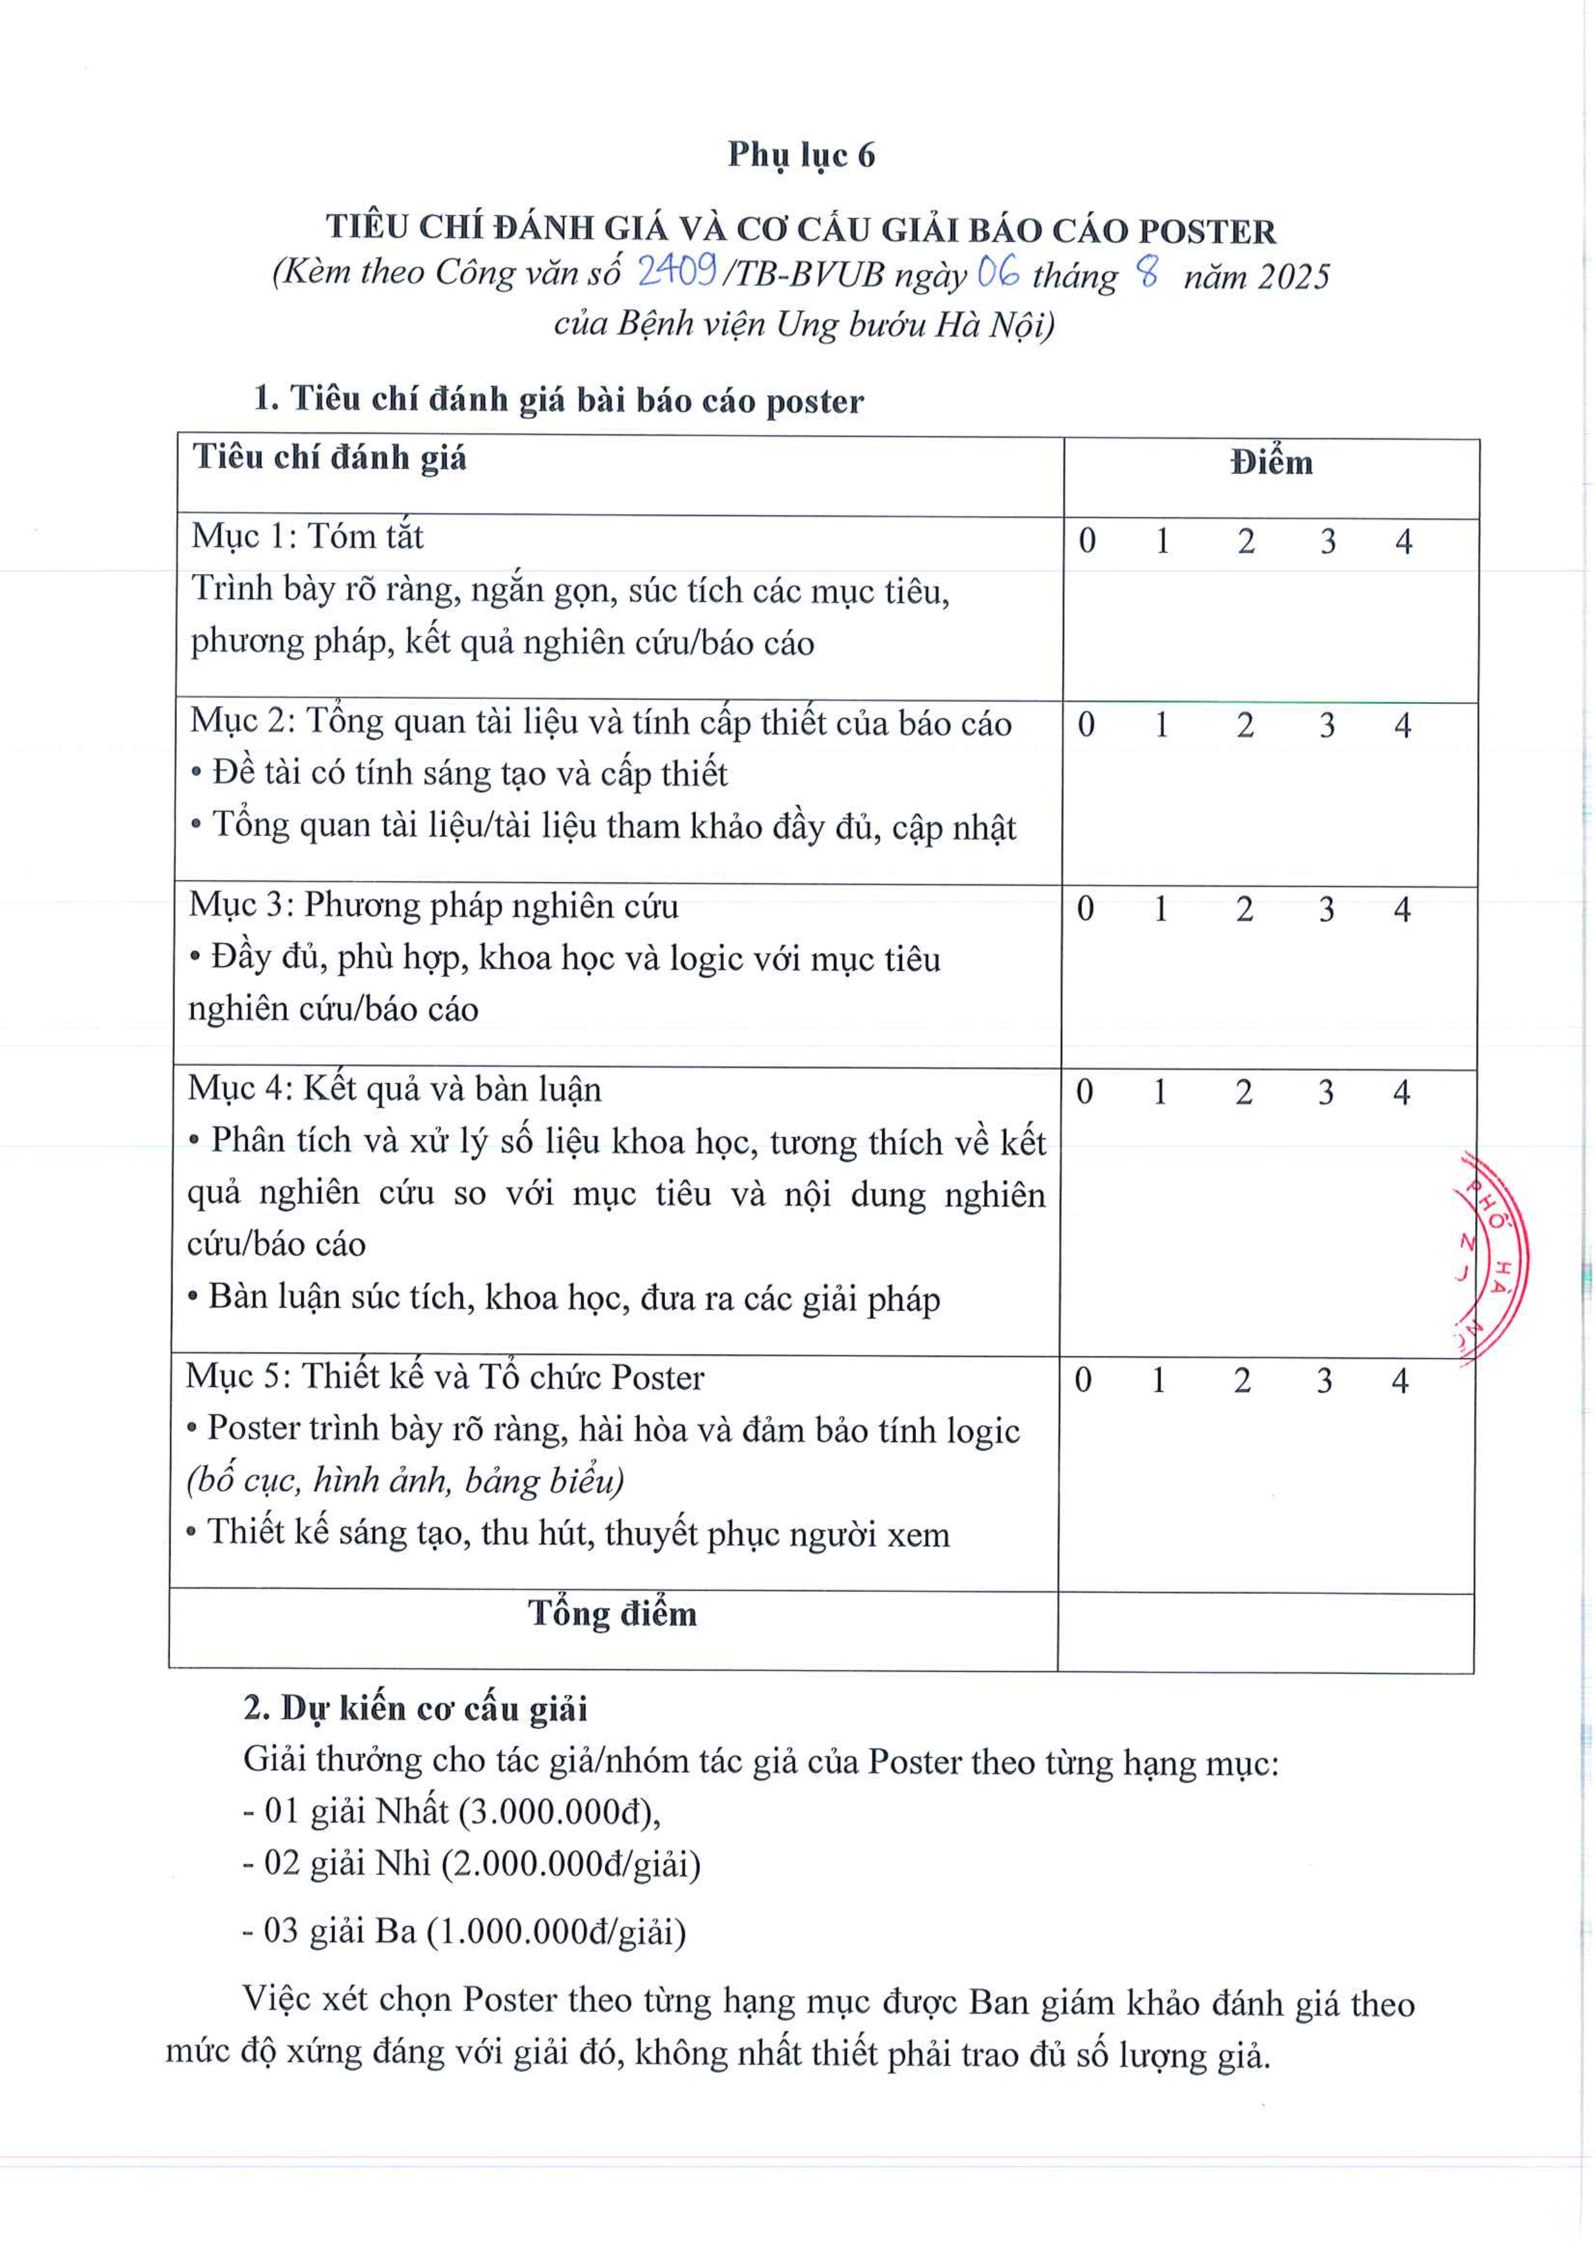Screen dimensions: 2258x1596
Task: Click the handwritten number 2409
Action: pyautogui.click(x=677, y=270)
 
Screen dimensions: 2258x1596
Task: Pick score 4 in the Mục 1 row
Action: pyautogui.click(x=1403, y=542)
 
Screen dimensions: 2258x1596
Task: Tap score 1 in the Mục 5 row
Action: pyautogui.click(x=1159, y=1381)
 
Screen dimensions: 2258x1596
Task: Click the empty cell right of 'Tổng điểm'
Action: pyautogui.click(x=1265, y=1631)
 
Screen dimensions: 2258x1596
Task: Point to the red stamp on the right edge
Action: pyautogui.click(x=1491, y=1259)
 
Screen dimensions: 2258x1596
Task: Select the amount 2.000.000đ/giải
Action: pyautogui.click(x=571, y=1864)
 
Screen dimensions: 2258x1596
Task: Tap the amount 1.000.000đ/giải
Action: pyautogui.click(x=556, y=1932)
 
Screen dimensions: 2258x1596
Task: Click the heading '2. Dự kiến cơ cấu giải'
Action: pyautogui.click(x=415, y=1708)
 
